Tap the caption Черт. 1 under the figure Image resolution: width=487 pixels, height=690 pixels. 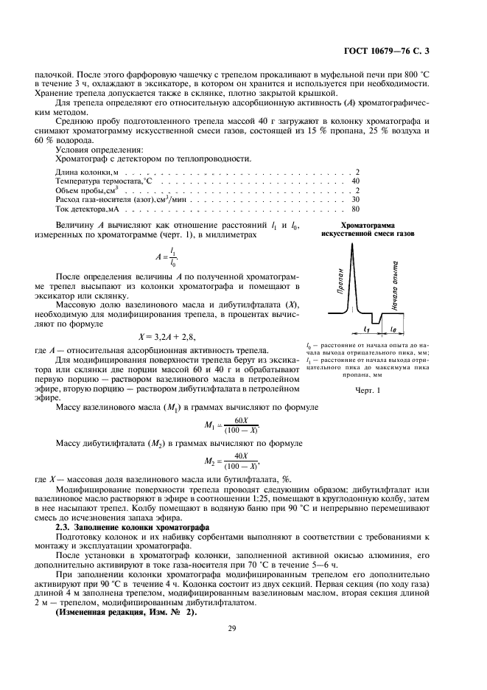coord(368,391)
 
